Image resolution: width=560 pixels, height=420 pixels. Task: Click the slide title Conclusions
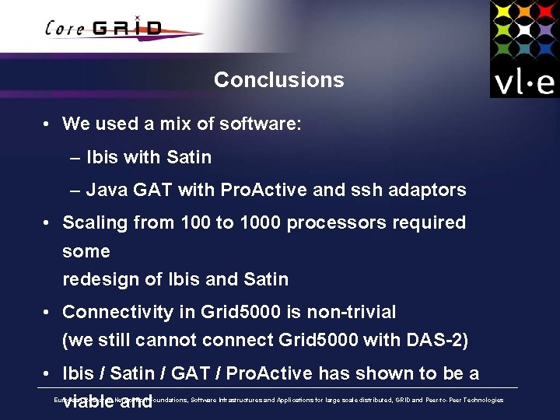(x=278, y=80)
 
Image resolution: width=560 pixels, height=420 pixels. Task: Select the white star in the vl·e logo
(x=524, y=30)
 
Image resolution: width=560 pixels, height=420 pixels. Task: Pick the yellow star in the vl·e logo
(x=502, y=10)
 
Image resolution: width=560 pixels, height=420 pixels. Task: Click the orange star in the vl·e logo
(x=524, y=10)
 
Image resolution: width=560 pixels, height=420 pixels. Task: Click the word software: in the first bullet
(x=261, y=124)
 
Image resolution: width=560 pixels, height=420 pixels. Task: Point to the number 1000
(x=261, y=223)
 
